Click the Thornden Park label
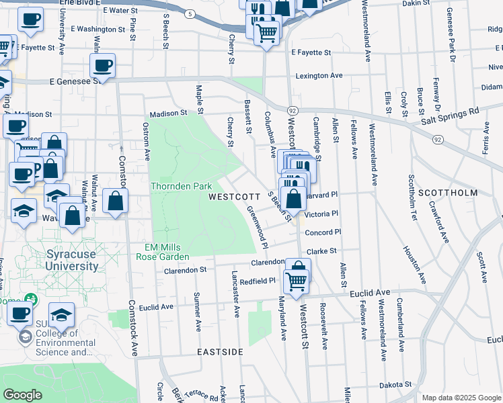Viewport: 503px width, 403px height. (182, 186)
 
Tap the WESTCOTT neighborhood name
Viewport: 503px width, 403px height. (234, 197)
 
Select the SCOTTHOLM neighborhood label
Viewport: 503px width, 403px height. (447, 192)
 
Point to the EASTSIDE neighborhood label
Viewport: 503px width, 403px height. (220, 352)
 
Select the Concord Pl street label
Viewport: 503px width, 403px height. (323, 232)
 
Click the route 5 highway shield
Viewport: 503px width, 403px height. (191, 13)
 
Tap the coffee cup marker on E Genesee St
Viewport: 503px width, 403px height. (102, 66)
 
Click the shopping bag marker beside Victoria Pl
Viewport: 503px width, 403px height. (293, 199)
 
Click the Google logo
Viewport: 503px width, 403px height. (23, 395)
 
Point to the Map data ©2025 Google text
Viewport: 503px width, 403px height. (461, 398)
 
